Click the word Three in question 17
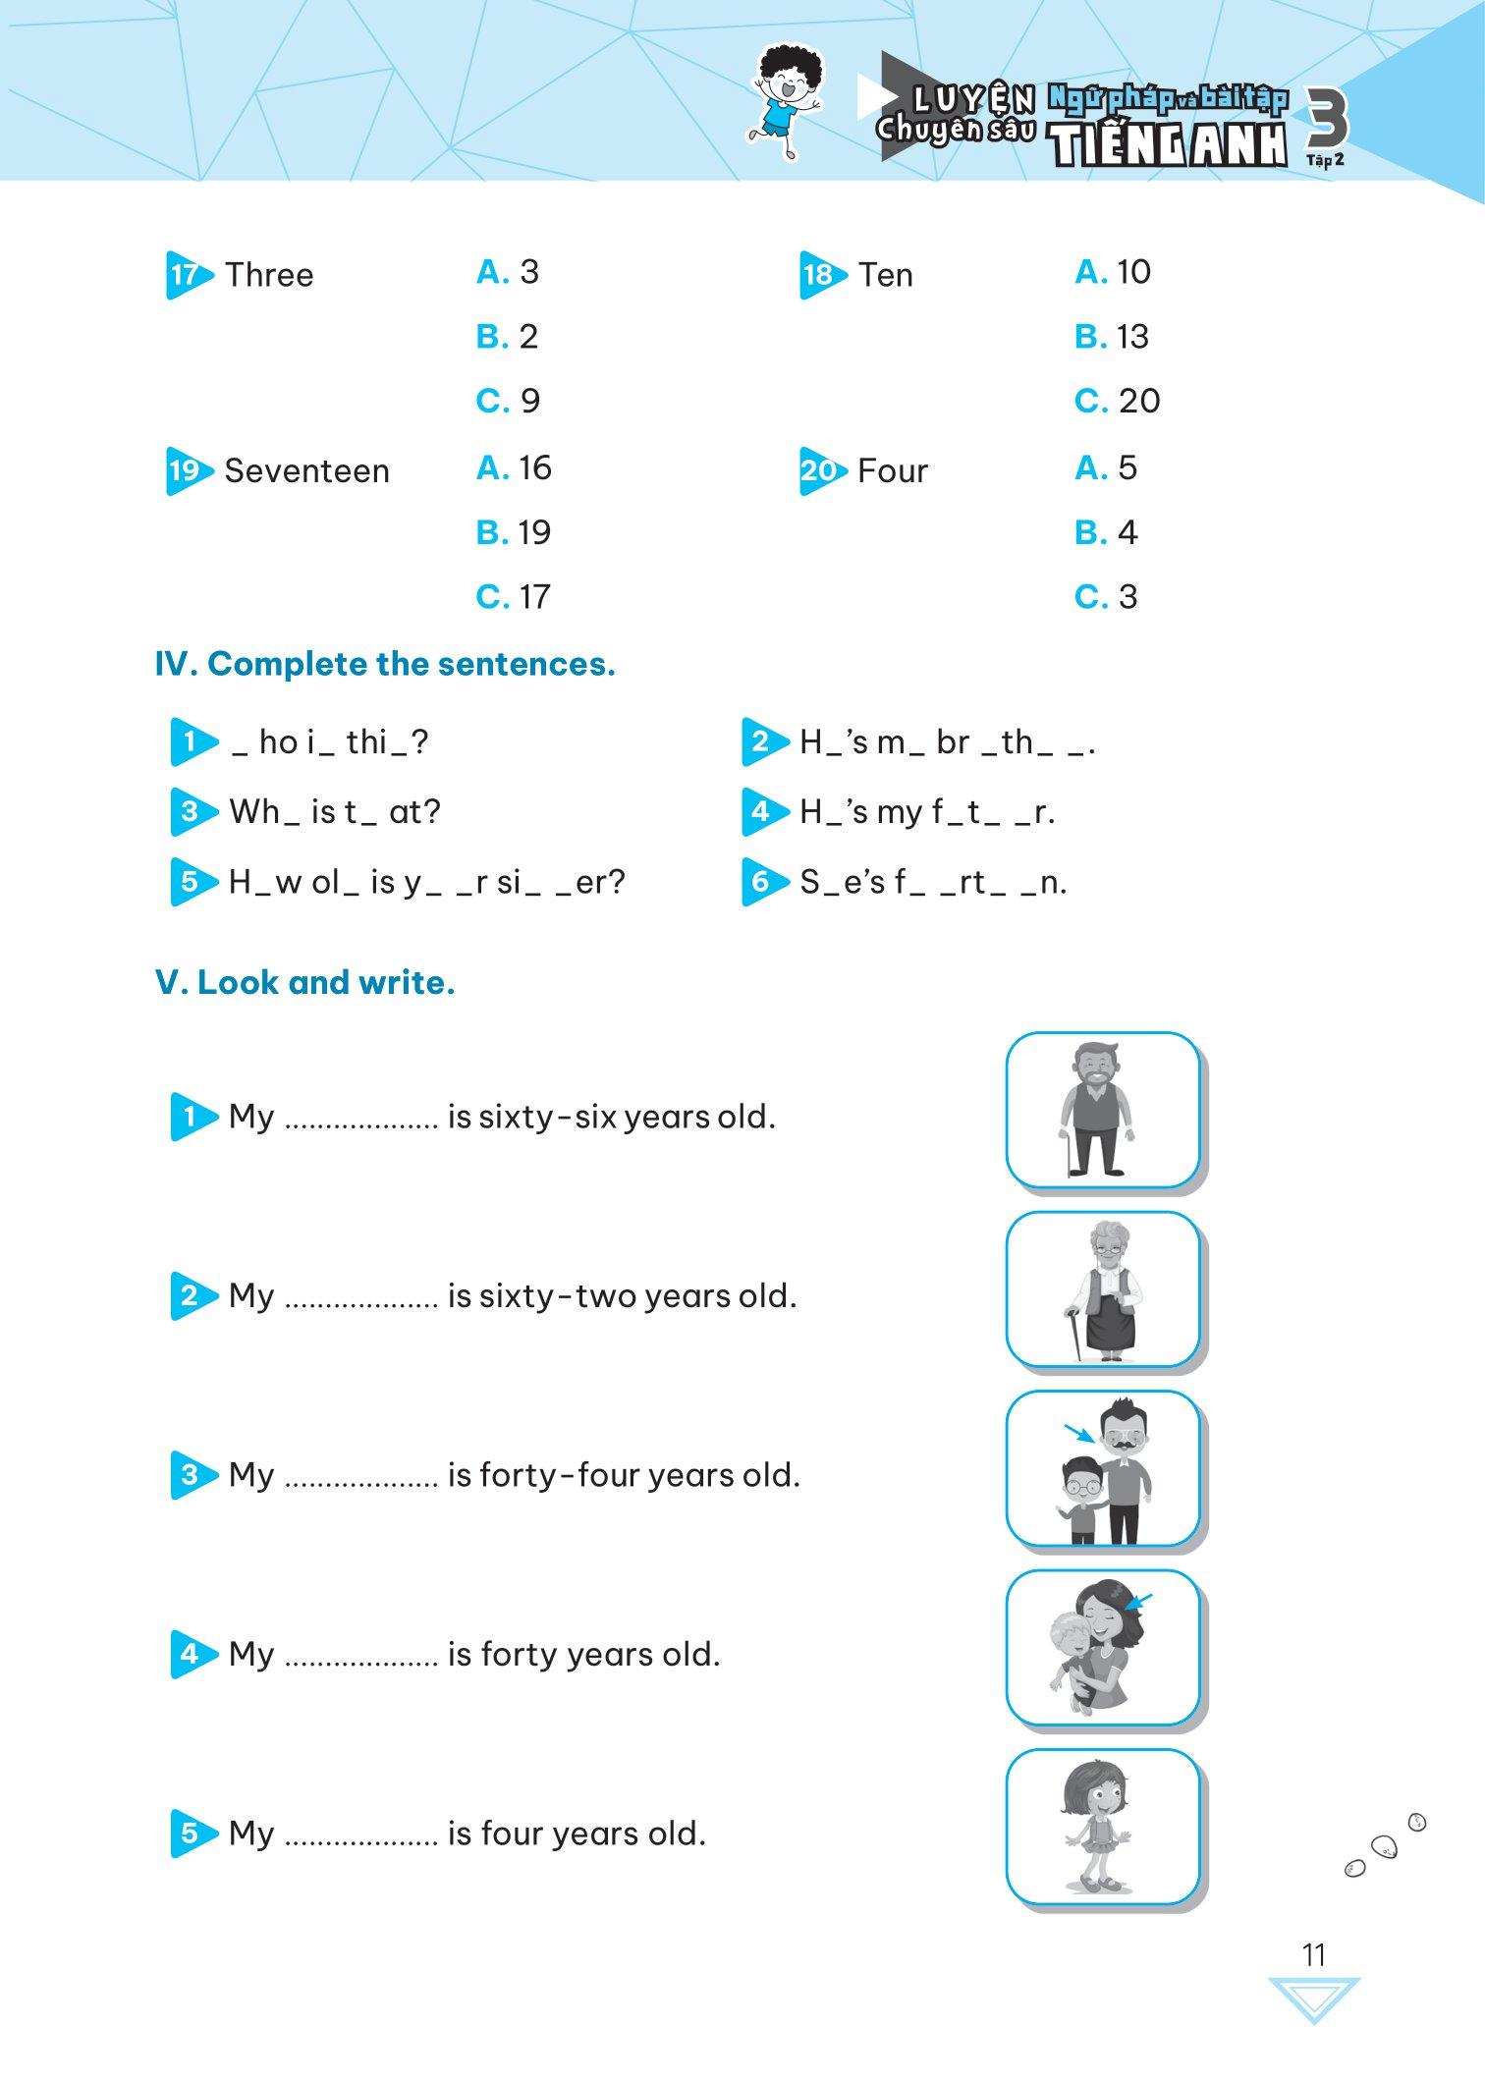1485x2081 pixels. [268, 275]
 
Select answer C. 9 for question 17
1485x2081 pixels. [508, 401]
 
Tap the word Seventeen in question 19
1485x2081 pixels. [306, 471]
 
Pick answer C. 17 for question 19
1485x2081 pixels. [513, 597]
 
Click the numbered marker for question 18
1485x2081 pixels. [820, 275]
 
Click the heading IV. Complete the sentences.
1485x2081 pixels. [385, 665]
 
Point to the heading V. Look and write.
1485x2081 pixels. [305, 983]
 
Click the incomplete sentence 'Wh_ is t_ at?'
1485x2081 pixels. [334, 812]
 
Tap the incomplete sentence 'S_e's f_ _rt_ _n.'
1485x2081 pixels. [932, 883]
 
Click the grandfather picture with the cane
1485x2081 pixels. [1101, 1110]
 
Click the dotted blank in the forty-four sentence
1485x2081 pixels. [360, 1476]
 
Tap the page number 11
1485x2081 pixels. [1314, 1954]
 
